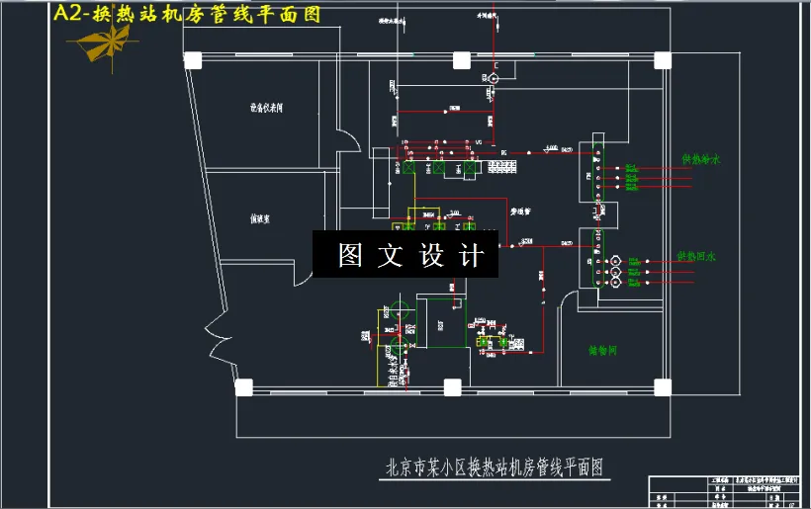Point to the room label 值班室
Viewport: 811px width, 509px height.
261,219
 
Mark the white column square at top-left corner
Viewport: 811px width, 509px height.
192,59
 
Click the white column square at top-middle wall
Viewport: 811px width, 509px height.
461,59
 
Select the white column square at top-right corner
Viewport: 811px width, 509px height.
664,59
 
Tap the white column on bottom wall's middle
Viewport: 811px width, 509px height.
452,386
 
